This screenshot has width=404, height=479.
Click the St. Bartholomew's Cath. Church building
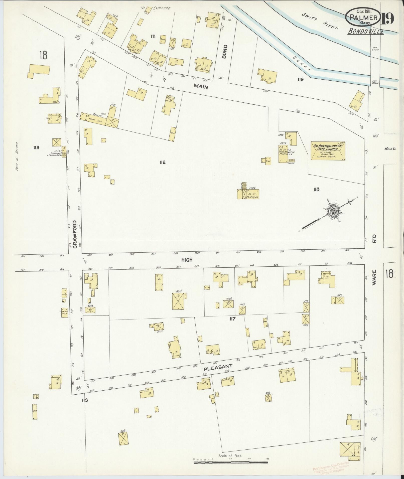point(328,151)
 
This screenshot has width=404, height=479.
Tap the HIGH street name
point(187,260)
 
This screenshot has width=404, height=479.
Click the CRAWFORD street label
point(75,234)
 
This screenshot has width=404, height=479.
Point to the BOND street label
point(224,52)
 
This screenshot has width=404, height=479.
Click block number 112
point(162,163)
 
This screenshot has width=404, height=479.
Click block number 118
point(316,190)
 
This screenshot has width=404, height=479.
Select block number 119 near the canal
point(301,80)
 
